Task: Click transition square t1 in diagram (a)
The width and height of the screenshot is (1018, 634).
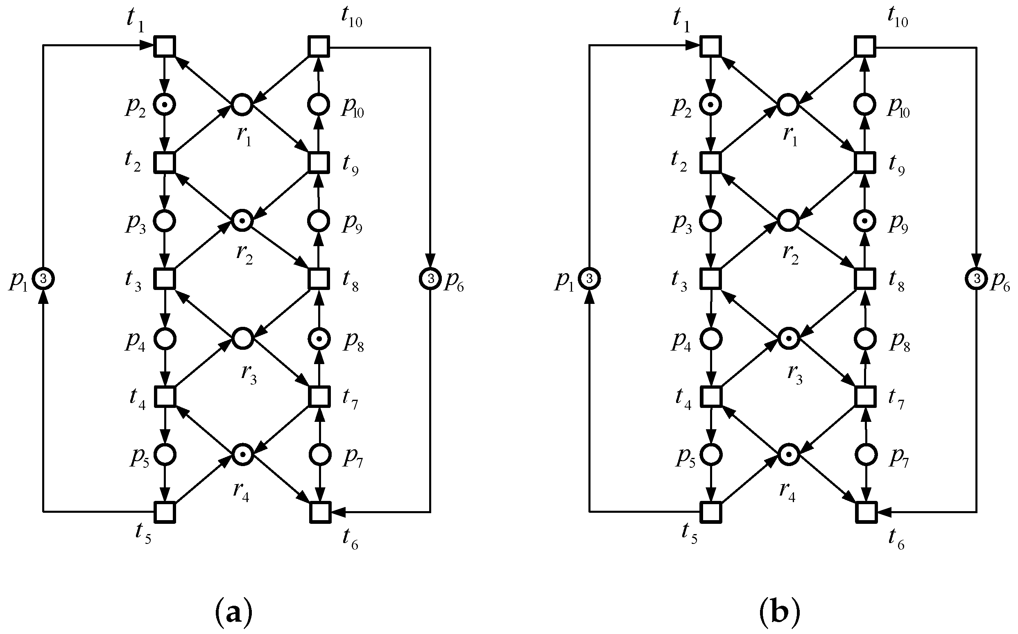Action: [x=164, y=46]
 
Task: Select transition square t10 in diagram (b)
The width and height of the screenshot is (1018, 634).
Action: [x=864, y=46]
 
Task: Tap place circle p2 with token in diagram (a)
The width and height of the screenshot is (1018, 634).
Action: [x=164, y=104]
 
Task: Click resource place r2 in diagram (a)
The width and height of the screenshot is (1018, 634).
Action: [x=242, y=220]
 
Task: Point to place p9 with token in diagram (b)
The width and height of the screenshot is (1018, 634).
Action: [x=864, y=221]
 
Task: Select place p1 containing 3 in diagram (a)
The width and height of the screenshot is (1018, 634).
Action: [x=43, y=278]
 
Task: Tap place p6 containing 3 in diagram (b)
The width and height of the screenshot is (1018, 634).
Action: [x=977, y=278]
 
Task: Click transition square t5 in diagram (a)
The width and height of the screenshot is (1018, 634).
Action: [x=164, y=512]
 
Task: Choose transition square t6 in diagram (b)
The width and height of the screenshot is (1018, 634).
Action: [x=866, y=512]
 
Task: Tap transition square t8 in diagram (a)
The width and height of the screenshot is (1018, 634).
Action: [x=319, y=279]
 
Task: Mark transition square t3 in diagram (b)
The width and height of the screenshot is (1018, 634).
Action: [x=710, y=279]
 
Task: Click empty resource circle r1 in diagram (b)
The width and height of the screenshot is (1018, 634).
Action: [x=788, y=104]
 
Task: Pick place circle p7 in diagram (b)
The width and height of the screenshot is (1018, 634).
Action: [x=866, y=455]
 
